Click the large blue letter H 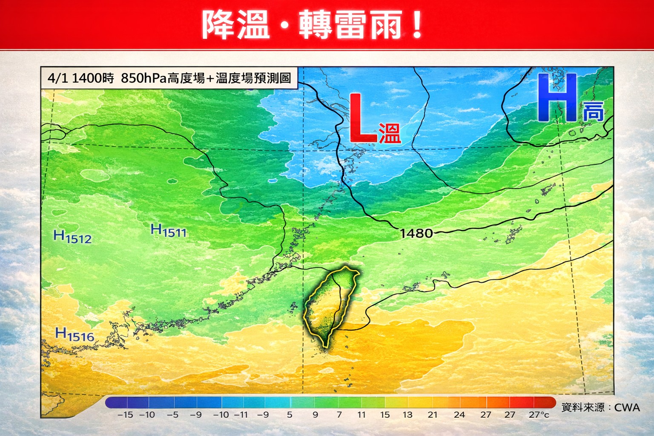556,98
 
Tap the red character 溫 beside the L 390,133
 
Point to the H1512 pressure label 72,237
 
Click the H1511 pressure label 169,231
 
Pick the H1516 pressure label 75,335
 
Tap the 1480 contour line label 416,233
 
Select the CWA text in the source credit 627,407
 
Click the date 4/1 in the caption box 57,78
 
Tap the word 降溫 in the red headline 235,25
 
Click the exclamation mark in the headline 417,25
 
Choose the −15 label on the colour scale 125,415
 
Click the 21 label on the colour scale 433,415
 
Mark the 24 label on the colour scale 459,415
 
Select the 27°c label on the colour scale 539,415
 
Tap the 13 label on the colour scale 407,415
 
